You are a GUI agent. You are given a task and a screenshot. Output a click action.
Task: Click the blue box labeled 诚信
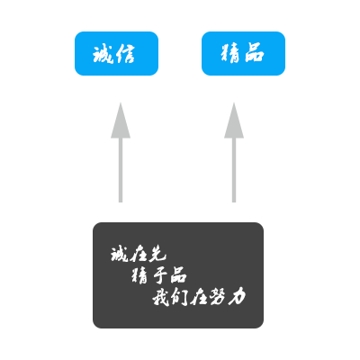116,53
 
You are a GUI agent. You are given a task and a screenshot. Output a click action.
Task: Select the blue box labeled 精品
243,53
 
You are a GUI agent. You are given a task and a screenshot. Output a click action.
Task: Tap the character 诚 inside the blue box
103,54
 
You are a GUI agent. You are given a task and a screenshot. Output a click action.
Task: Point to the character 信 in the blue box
125,54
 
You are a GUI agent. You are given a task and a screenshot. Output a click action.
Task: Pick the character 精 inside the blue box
230,54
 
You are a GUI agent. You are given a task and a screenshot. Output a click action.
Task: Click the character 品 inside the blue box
255,53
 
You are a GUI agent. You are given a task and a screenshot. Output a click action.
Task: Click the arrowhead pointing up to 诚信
121,121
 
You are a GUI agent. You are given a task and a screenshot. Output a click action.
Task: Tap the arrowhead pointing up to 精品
234,121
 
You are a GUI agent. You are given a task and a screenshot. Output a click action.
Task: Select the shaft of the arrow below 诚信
121,170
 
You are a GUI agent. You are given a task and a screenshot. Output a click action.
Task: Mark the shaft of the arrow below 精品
234,170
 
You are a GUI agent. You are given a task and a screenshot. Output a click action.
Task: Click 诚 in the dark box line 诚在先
119,255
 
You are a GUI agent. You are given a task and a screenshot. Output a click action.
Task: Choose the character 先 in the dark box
157,255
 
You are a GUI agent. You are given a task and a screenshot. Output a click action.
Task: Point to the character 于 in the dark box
159,276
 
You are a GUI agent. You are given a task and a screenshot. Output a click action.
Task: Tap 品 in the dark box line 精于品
179,275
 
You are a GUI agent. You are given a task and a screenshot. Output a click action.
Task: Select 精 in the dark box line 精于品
139,276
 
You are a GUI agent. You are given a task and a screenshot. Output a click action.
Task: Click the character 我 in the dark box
160,298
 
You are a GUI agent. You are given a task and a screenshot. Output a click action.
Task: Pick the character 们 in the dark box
179,298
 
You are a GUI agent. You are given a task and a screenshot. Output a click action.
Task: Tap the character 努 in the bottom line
218,298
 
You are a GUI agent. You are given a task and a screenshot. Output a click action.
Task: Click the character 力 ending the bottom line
237,298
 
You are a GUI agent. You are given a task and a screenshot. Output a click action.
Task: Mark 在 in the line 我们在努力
199,298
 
